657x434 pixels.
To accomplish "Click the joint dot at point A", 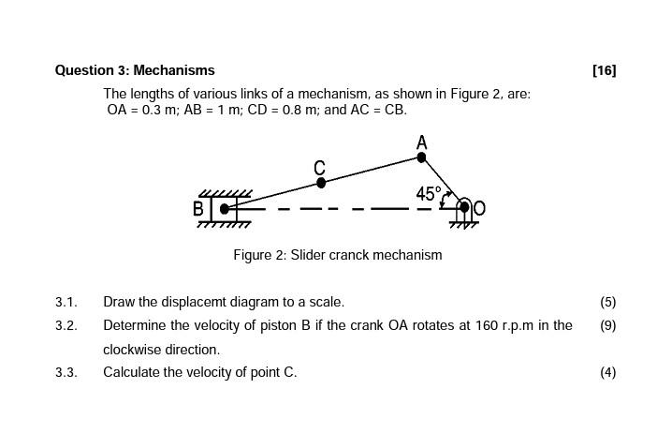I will click(421, 157).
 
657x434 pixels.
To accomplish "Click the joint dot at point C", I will click(321, 183).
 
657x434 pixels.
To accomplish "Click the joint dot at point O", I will click(463, 207).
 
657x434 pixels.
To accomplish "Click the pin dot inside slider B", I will click(225, 208).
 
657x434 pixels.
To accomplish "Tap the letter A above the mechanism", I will click(421, 142).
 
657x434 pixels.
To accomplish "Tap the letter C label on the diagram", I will click(320, 167).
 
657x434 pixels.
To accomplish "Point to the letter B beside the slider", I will click(198, 208).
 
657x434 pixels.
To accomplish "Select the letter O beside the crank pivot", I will click(480, 208).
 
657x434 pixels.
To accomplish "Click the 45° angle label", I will click(428, 193).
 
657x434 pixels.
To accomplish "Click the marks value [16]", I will click(604, 70).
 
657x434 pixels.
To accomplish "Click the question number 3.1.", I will click(66, 302).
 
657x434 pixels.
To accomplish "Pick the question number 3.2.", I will click(66, 325).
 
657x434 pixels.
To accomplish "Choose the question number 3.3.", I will click(66, 372).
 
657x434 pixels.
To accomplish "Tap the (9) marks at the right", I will click(607, 325).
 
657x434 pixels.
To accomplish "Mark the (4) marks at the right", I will click(607, 372).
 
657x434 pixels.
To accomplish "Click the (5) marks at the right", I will click(607, 302).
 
